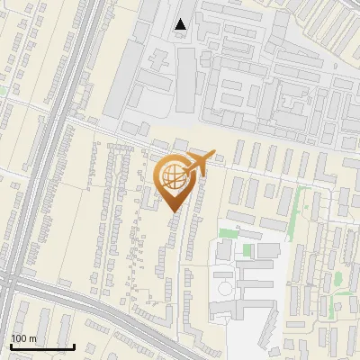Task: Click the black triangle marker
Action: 181,24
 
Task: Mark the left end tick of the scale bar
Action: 11,346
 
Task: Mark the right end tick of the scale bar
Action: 74,346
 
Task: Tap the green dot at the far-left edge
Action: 3,90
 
